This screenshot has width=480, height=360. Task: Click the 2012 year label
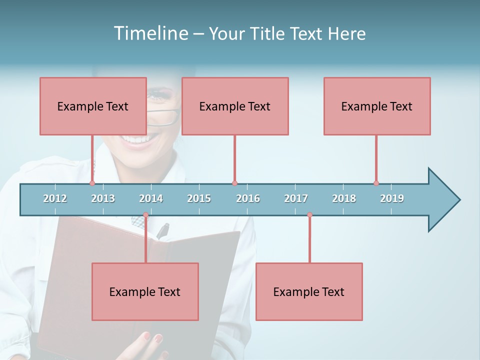point(55,198)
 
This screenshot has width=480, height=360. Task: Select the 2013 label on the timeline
point(103,198)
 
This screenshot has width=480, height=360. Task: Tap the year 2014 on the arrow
point(151,198)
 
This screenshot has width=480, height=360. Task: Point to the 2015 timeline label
point(199,198)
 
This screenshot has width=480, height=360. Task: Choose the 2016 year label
point(248,198)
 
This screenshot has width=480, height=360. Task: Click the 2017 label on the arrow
point(296,198)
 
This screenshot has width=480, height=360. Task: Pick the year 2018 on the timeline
point(344,198)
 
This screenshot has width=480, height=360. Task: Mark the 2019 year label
point(392,198)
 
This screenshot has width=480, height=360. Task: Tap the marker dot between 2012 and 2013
point(92,183)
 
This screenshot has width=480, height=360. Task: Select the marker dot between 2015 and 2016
point(234,183)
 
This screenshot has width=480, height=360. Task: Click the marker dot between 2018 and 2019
point(376,183)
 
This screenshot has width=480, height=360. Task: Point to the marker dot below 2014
point(145,215)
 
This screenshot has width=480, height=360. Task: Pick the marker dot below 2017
point(309,215)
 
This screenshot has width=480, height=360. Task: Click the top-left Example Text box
point(93,106)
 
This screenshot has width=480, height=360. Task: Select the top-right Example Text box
point(377,106)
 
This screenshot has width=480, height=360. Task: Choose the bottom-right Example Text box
point(309,291)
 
